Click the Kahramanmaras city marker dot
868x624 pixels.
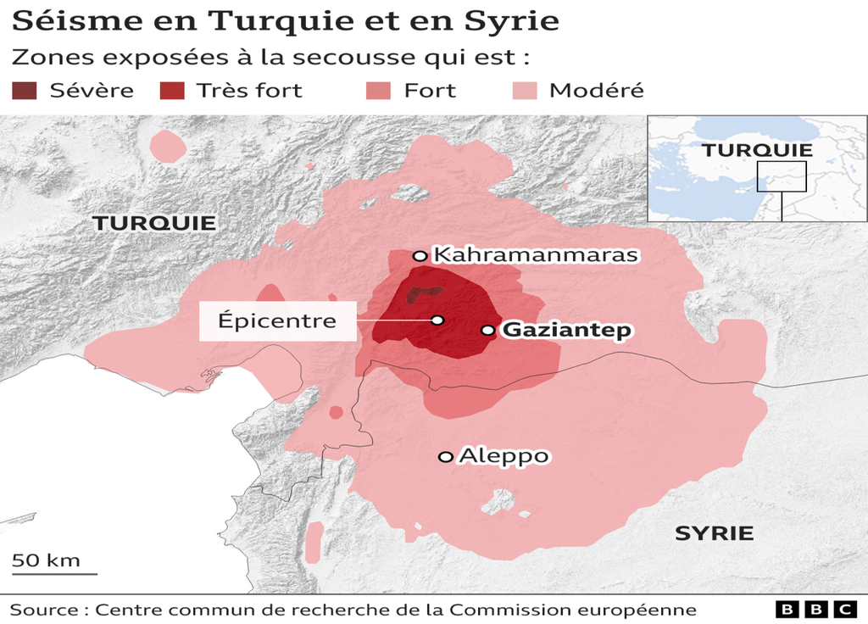pyautogui.click(x=419, y=255)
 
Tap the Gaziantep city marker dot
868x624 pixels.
pyautogui.click(x=487, y=330)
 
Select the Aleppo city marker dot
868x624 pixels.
pyautogui.click(x=445, y=457)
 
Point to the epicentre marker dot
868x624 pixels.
pyautogui.click(x=437, y=320)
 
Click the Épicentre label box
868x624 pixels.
pyautogui.click(x=277, y=321)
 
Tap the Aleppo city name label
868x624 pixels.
pyautogui.click(x=504, y=456)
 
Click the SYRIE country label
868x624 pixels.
pyautogui.click(x=714, y=533)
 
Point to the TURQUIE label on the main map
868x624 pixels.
pyautogui.click(x=154, y=223)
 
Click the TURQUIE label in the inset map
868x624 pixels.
pyautogui.click(x=757, y=150)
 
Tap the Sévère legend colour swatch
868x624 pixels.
pyautogui.click(x=25, y=90)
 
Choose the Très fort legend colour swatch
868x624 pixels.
pyautogui.click(x=172, y=90)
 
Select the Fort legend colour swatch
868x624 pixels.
pyautogui.click(x=378, y=90)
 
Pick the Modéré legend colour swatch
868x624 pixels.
pyautogui.click(x=526, y=90)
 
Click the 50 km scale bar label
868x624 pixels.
pyautogui.click(x=46, y=560)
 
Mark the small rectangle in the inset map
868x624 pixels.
pyautogui.click(x=781, y=176)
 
